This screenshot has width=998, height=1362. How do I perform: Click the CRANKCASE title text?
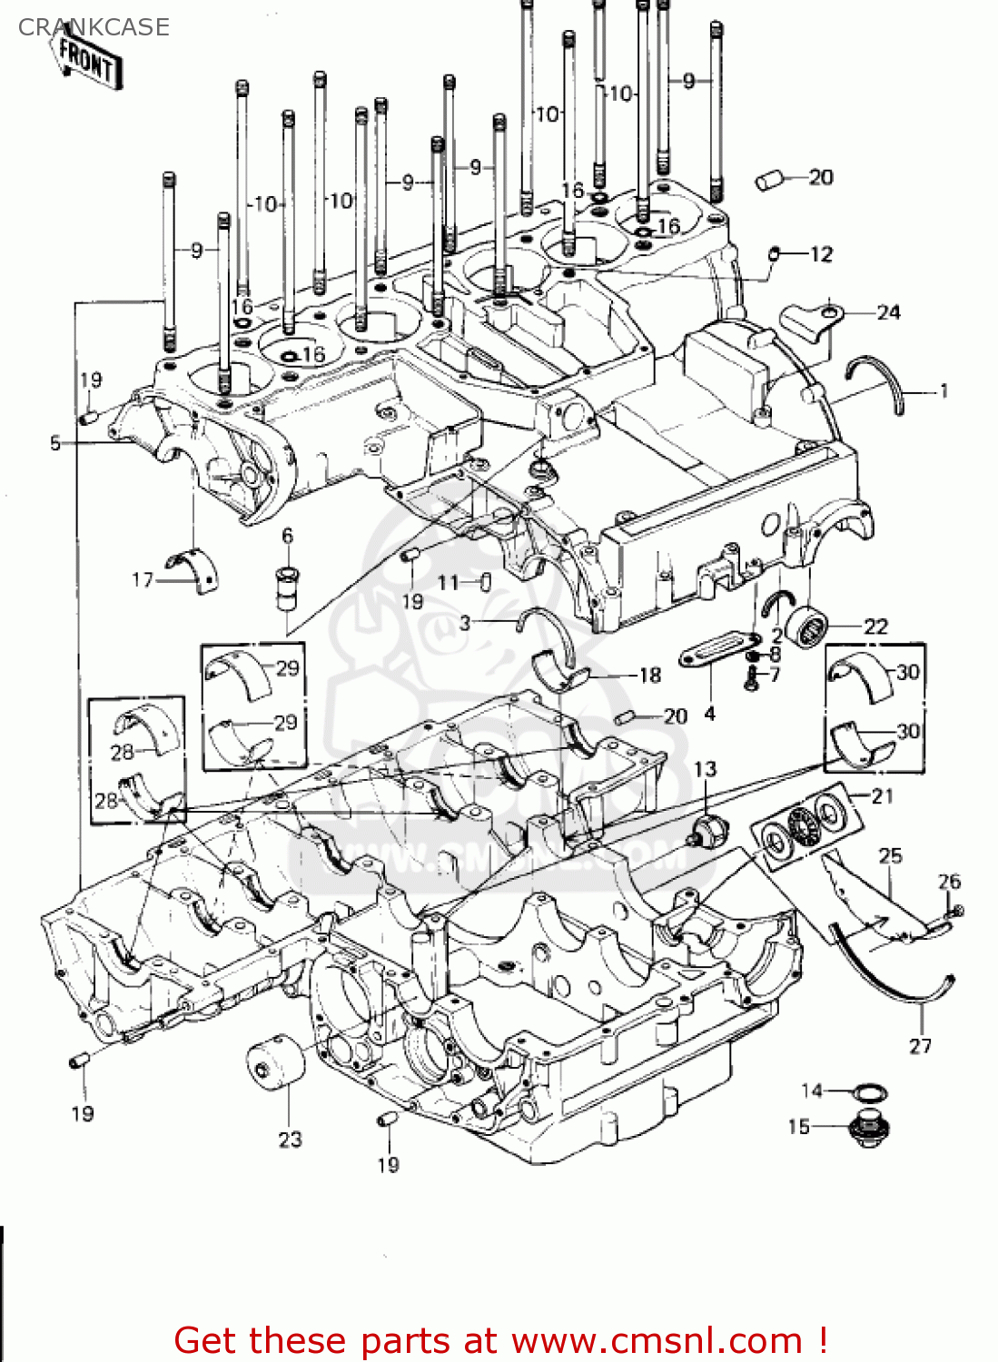(94, 27)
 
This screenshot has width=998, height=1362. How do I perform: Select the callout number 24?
(888, 312)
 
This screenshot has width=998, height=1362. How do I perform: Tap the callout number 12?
(821, 254)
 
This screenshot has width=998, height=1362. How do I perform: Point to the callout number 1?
(944, 391)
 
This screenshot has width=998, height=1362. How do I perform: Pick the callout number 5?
(55, 443)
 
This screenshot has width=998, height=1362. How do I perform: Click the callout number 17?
(143, 579)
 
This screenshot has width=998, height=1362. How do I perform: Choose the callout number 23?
(290, 1140)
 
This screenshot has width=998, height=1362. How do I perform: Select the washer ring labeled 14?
(869, 1091)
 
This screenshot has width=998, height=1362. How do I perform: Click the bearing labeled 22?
(807, 626)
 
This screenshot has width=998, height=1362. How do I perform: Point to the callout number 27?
(920, 1046)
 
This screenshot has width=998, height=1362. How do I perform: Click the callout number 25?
(890, 855)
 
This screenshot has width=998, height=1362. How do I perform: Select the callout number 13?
(705, 769)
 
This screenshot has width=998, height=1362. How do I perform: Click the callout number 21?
(882, 796)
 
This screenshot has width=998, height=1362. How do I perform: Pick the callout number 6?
(287, 536)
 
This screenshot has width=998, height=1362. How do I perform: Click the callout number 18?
(650, 675)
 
